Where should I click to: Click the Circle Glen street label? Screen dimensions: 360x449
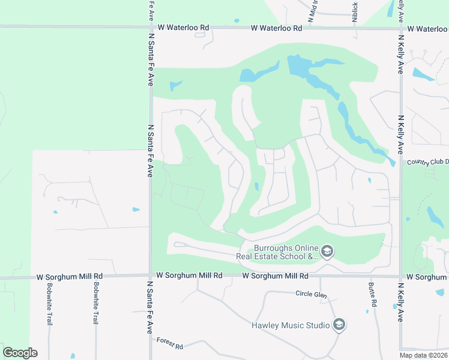312,293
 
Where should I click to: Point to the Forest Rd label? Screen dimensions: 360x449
169,343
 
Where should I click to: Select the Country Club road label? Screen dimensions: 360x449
427,162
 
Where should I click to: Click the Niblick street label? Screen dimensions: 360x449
355,10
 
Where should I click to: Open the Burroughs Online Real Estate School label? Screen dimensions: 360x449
285,251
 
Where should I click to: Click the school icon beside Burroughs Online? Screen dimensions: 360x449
327,251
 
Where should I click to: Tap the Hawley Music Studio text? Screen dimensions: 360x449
291,325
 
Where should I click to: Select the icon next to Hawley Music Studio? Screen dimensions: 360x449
339,325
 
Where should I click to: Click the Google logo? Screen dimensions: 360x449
20,352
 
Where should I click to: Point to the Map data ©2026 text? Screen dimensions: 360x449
423,355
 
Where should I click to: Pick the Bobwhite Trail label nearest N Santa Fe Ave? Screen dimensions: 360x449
95,303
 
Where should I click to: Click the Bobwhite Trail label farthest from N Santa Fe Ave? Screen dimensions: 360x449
50,303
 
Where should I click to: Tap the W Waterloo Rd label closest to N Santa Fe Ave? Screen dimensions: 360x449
184,28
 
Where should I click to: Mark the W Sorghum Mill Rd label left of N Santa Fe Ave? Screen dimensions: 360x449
69,277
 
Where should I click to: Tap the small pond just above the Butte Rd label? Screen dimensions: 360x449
367,311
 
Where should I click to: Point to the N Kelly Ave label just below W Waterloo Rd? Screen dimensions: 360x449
400,54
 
